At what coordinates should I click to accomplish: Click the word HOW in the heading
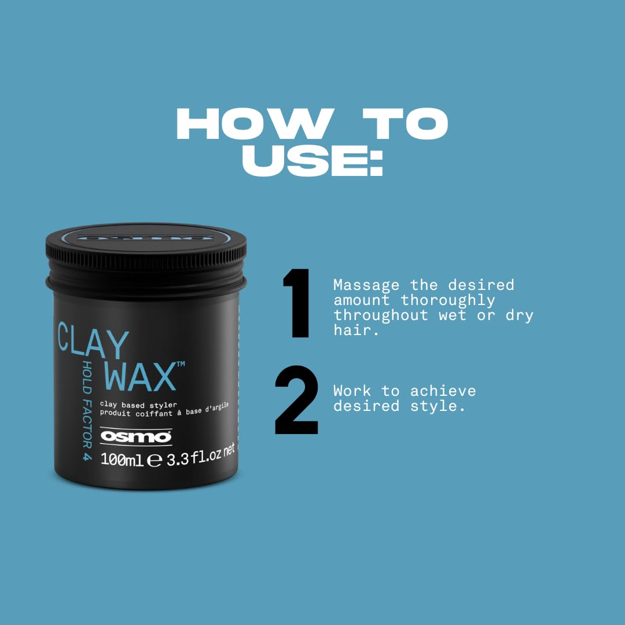pos(252,124)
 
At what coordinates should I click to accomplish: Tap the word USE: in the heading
pos(312,161)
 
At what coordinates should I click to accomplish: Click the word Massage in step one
pos(366,285)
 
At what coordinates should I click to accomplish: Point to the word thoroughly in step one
pos(448,300)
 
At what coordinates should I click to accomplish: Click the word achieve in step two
pos(443,391)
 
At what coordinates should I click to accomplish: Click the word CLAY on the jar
pos(93,341)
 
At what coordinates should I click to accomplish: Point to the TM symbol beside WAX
pos(180,364)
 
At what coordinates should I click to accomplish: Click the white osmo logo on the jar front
pos(136,437)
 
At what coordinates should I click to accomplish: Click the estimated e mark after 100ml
pos(154,461)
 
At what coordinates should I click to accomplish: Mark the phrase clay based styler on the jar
pos(138,404)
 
